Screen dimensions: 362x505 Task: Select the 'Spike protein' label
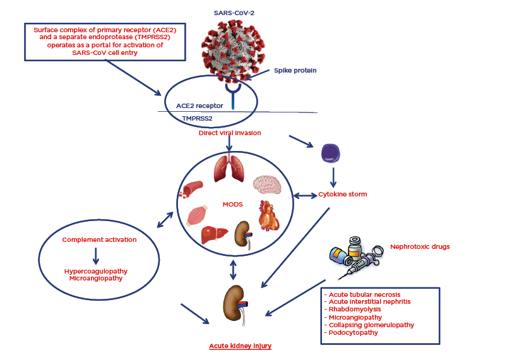pyautogui.click(x=295, y=70)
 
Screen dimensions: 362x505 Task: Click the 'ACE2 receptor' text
pyautogui.click(x=200, y=106)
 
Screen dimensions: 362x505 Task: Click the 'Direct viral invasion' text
pyautogui.click(x=229, y=133)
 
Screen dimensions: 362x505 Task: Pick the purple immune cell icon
pyautogui.click(x=332, y=154)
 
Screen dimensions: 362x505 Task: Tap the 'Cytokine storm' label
pyautogui.click(x=343, y=194)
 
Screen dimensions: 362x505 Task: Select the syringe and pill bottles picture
pyautogui.click(x=357, y=258)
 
